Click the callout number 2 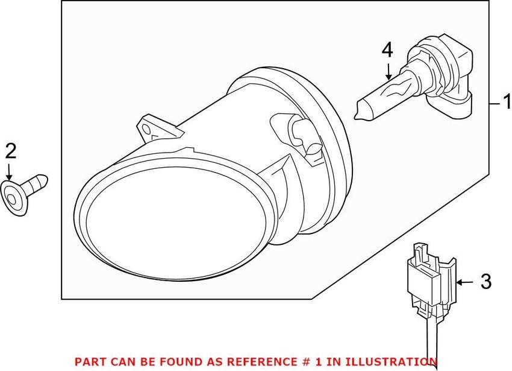pos(11,151)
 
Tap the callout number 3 pos(486,281)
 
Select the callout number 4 pos(387,51)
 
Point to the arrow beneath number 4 pos(389,72)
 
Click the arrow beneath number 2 pos(9,171)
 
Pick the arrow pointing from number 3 pos(464,282)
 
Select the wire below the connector pos(432,342)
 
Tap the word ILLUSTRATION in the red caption pos(391,361)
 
